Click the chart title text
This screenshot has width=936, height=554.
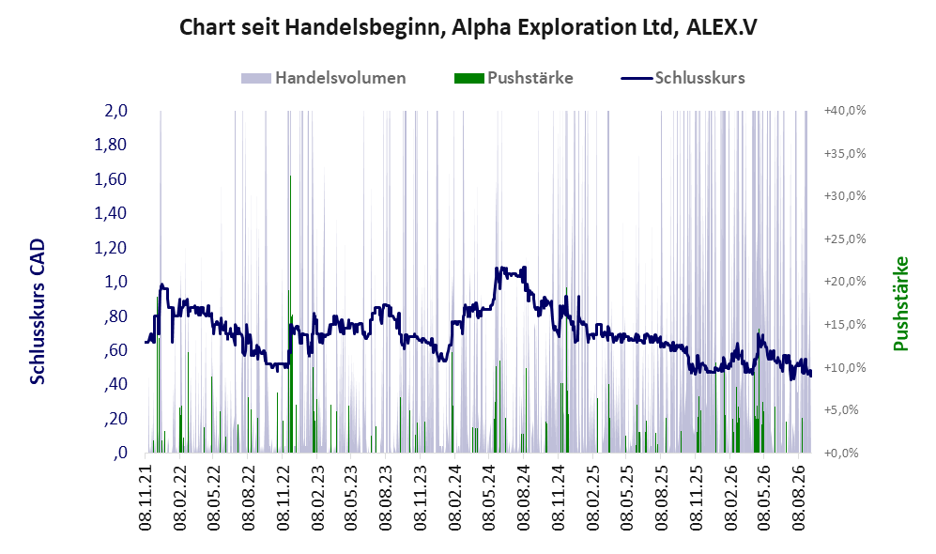click(x=468, y=27)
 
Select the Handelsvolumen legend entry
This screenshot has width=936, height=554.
click(x=323, y=78)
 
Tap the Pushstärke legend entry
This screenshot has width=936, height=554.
click(x=514, y=78)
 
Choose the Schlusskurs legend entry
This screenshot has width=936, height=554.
click(x=683, y=78)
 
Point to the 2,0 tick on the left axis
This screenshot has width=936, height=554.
click(x=115, y=111)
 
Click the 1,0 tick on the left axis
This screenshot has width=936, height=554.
click(x=115, y=281)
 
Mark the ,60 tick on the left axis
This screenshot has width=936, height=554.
click(x=115, y=350)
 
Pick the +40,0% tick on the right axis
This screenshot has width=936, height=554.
click(x=845, y=111)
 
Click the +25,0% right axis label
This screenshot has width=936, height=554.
click(x=845, y=239)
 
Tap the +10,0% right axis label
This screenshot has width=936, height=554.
click(x=845, y=367)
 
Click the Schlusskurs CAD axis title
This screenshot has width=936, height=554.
click(x=38, y=312)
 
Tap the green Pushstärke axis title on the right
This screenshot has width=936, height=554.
click(x=900, y=303)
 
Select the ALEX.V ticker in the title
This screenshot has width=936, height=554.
click(x=722, y=27)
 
